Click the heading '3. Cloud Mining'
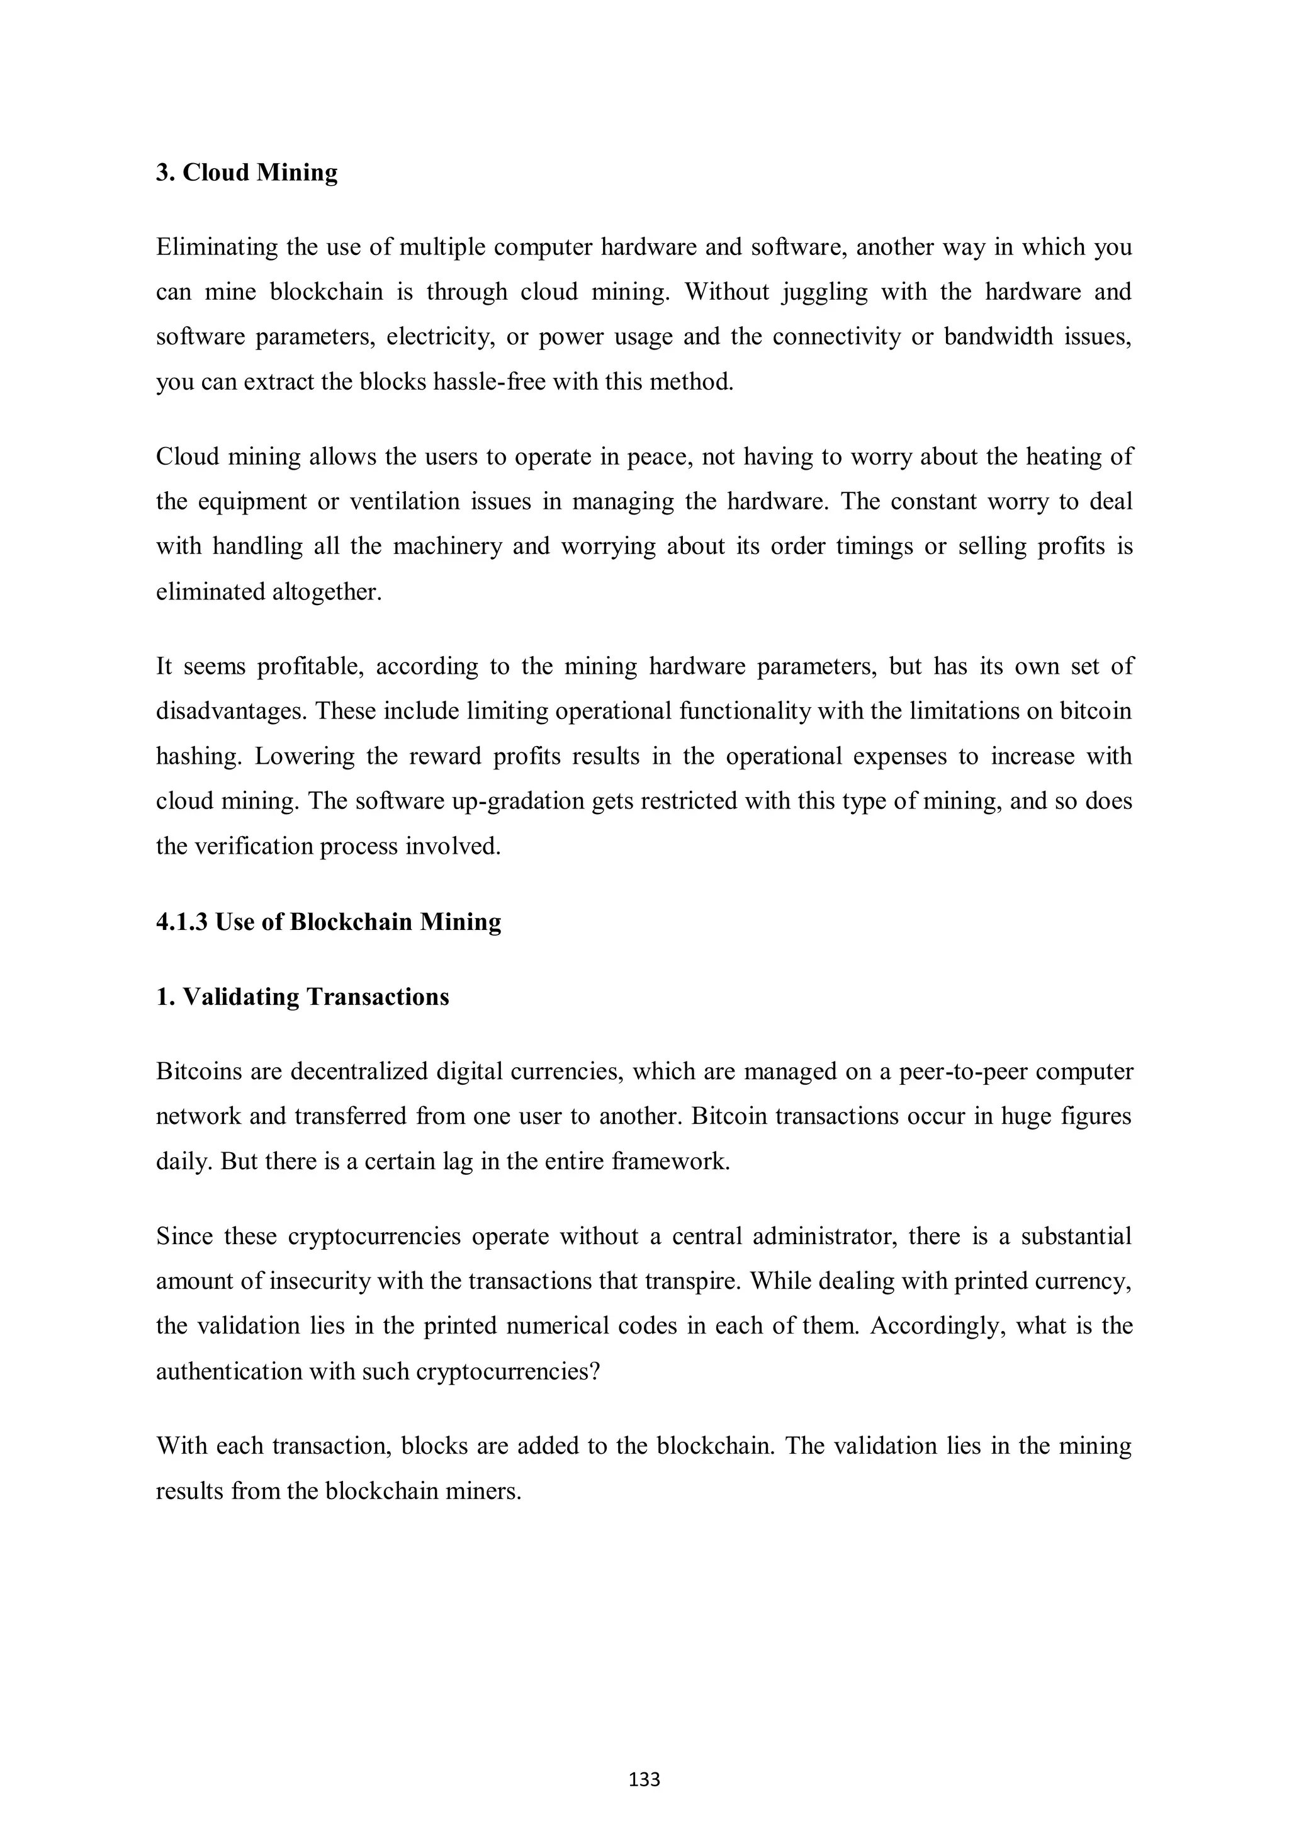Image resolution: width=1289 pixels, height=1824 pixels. [x=246, y=173]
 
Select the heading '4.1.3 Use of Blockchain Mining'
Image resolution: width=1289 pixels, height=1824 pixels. [x=328, y=922]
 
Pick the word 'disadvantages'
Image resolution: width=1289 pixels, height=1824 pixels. [x=230, y=711]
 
